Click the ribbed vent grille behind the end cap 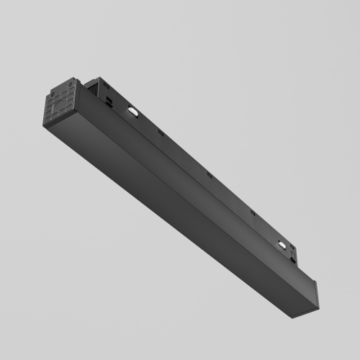92,87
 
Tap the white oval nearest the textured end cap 134,111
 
